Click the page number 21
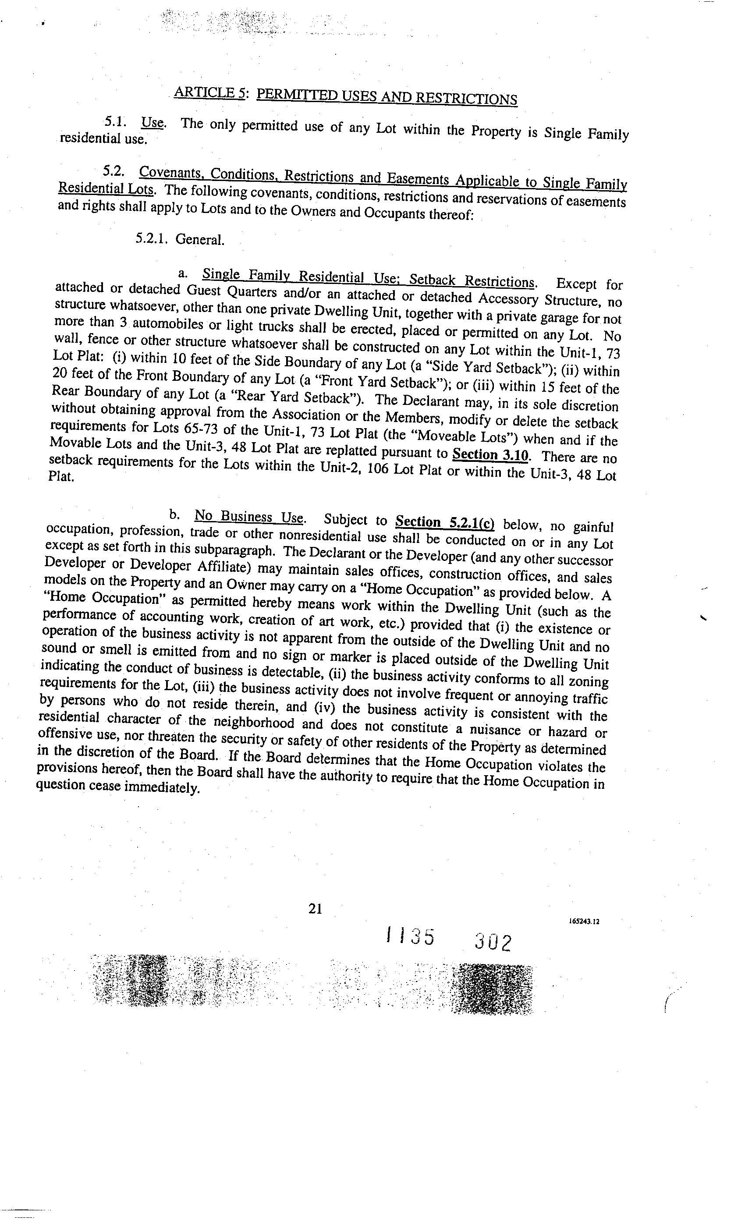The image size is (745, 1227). (x=315, y=909)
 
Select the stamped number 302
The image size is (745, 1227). (x=493, y=942)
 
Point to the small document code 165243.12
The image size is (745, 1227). (x=584, y=921)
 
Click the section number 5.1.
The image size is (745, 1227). (x=114, y=121)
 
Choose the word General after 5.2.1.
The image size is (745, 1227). (x=200, y=240)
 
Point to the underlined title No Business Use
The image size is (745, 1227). (x=248, y=516)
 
